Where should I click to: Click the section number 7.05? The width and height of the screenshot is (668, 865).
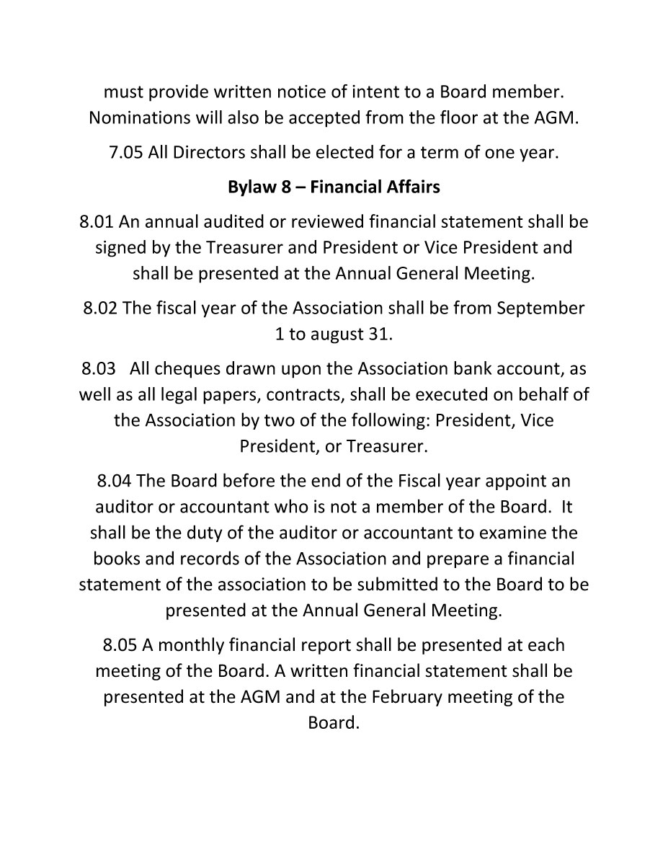126,153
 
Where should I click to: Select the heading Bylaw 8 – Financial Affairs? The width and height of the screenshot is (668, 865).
334,187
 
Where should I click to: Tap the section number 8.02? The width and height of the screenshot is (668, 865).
100,308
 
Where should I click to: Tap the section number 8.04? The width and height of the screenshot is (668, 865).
114,480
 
